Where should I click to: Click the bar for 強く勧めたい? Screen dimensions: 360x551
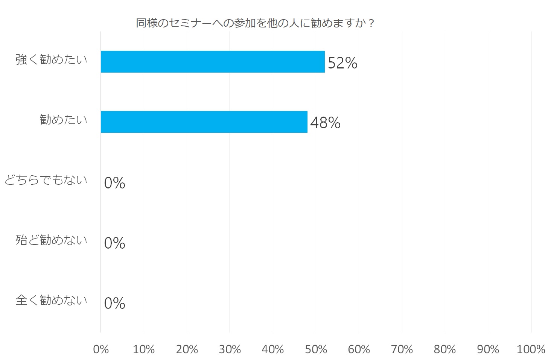point(213,62)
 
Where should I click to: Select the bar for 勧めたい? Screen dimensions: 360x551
point(204,122)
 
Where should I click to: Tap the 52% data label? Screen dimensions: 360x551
point(342,63)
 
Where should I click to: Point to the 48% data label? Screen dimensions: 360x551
point(325,123)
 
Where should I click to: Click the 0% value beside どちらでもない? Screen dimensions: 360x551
point(114,183)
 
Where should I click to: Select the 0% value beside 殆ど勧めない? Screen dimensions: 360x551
point(114,243)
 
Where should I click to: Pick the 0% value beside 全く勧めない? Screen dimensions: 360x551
point(114,304)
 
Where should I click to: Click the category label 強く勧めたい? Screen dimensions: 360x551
point(51,59)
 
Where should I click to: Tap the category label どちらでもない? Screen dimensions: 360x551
point(46,180)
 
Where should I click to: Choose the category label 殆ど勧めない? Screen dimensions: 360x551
point(51,240)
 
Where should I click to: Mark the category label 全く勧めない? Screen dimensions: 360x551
point(51,300)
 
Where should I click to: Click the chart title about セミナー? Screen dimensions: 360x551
point(255,23)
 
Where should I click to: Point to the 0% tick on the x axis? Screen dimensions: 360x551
point(101,349)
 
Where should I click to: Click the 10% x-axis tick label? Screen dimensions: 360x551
point(144,349)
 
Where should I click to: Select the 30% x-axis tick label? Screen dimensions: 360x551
point(230,349)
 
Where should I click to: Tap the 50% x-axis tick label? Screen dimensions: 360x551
point(316,349)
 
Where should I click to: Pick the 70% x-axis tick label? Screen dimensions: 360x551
point(402,349)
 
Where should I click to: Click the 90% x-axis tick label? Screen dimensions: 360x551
point(488,349)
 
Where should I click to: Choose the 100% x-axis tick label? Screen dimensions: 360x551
point(531,349)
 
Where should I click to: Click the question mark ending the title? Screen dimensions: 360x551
point(371,24)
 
